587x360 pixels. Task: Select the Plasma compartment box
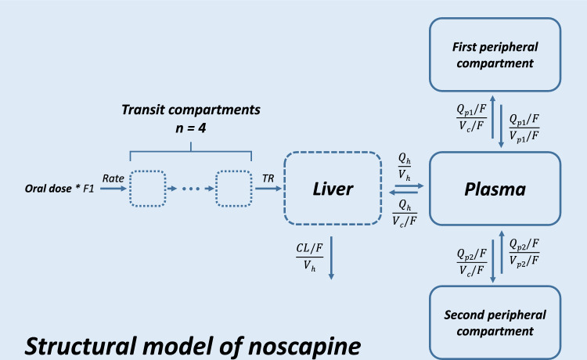click(493, 188)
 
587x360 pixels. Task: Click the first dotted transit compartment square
click(147, 188)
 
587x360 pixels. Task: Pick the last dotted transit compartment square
click(234, 188)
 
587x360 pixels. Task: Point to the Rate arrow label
click(113, 178)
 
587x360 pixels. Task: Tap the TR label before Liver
click(268, 178)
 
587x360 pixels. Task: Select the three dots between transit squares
click(191, 189)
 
